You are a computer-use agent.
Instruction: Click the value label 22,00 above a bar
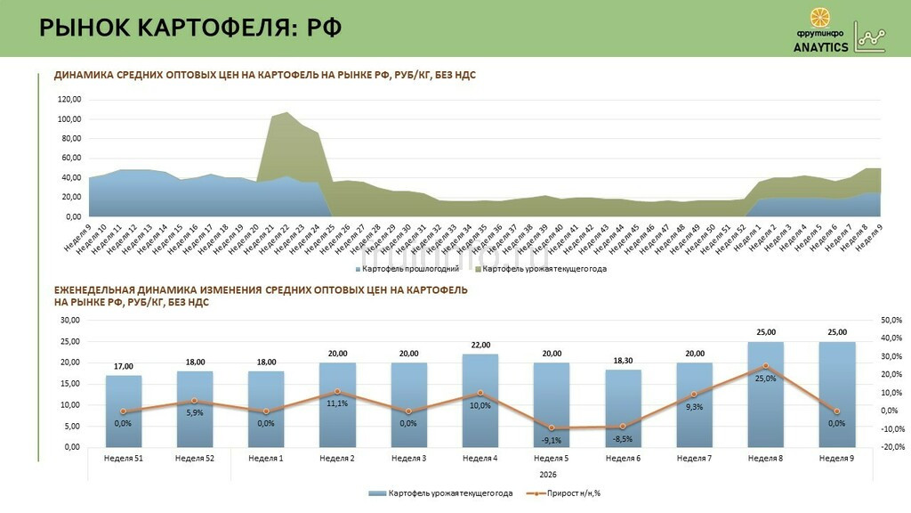coord(480,345)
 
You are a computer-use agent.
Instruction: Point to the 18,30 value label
coord(623,361)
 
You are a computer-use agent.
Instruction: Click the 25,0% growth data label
coord(765,379)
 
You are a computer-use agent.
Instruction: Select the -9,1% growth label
coord(552,439)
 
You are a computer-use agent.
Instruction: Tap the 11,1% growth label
coord(337,403)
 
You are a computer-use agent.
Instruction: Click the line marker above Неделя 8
coord(765,366)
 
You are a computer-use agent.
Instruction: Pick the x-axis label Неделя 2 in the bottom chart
coord(337,458)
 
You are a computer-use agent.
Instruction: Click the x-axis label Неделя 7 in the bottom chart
coord(694,458)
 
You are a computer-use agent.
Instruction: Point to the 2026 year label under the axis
coord(552,474)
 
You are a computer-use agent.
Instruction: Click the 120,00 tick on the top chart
coord(69,99)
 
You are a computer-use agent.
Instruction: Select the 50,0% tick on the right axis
coord(891,320)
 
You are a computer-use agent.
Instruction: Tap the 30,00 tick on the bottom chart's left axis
coord(69,320)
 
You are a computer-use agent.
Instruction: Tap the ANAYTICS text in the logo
coord(821,47)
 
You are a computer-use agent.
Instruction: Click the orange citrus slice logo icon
coord(821,18)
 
